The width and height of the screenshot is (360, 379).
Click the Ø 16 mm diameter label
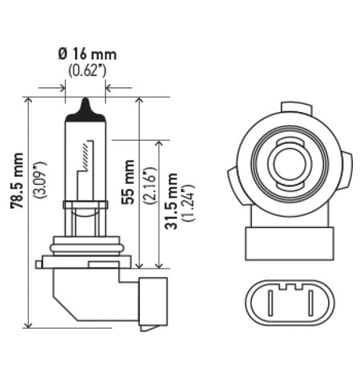[85, 54]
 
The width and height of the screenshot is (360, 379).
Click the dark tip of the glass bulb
[85, 107]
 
